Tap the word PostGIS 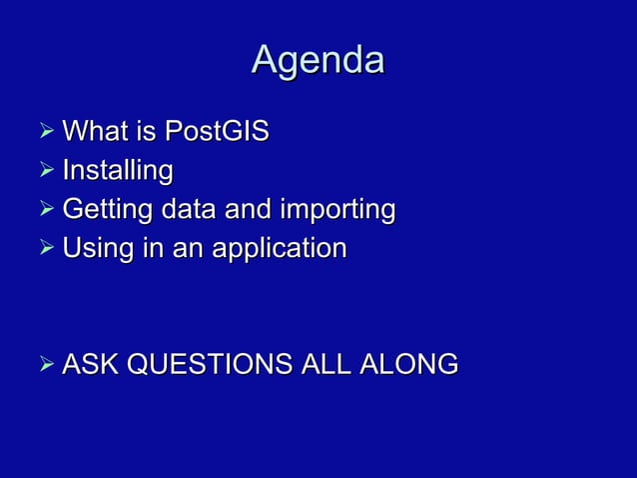217,132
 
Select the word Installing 117,171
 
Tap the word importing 338,210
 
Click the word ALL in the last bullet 324,365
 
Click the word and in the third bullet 247,210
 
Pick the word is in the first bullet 144,132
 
